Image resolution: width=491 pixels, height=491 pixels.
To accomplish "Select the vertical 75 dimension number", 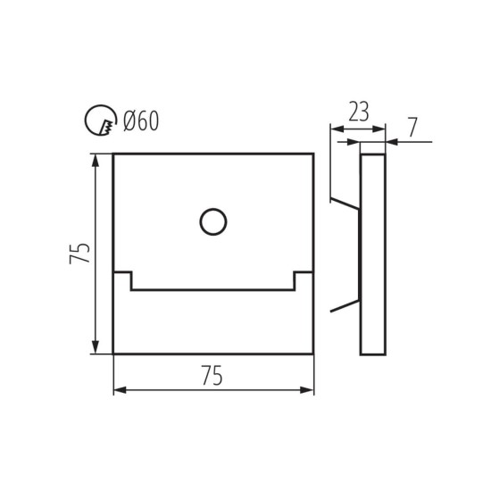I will pos(79,254).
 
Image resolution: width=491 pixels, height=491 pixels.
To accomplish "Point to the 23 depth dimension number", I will pos(358,112).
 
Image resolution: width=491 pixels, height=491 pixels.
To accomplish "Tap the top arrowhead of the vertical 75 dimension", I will pos(95,160).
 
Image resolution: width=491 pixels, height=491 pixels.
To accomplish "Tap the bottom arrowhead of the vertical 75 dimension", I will pos(95,348).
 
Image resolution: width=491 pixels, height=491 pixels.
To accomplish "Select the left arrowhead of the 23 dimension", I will pos(336,131).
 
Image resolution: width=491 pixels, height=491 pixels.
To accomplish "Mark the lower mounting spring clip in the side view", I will pos(345,306).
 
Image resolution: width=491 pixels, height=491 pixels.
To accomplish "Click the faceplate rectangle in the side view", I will pos(372,254).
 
